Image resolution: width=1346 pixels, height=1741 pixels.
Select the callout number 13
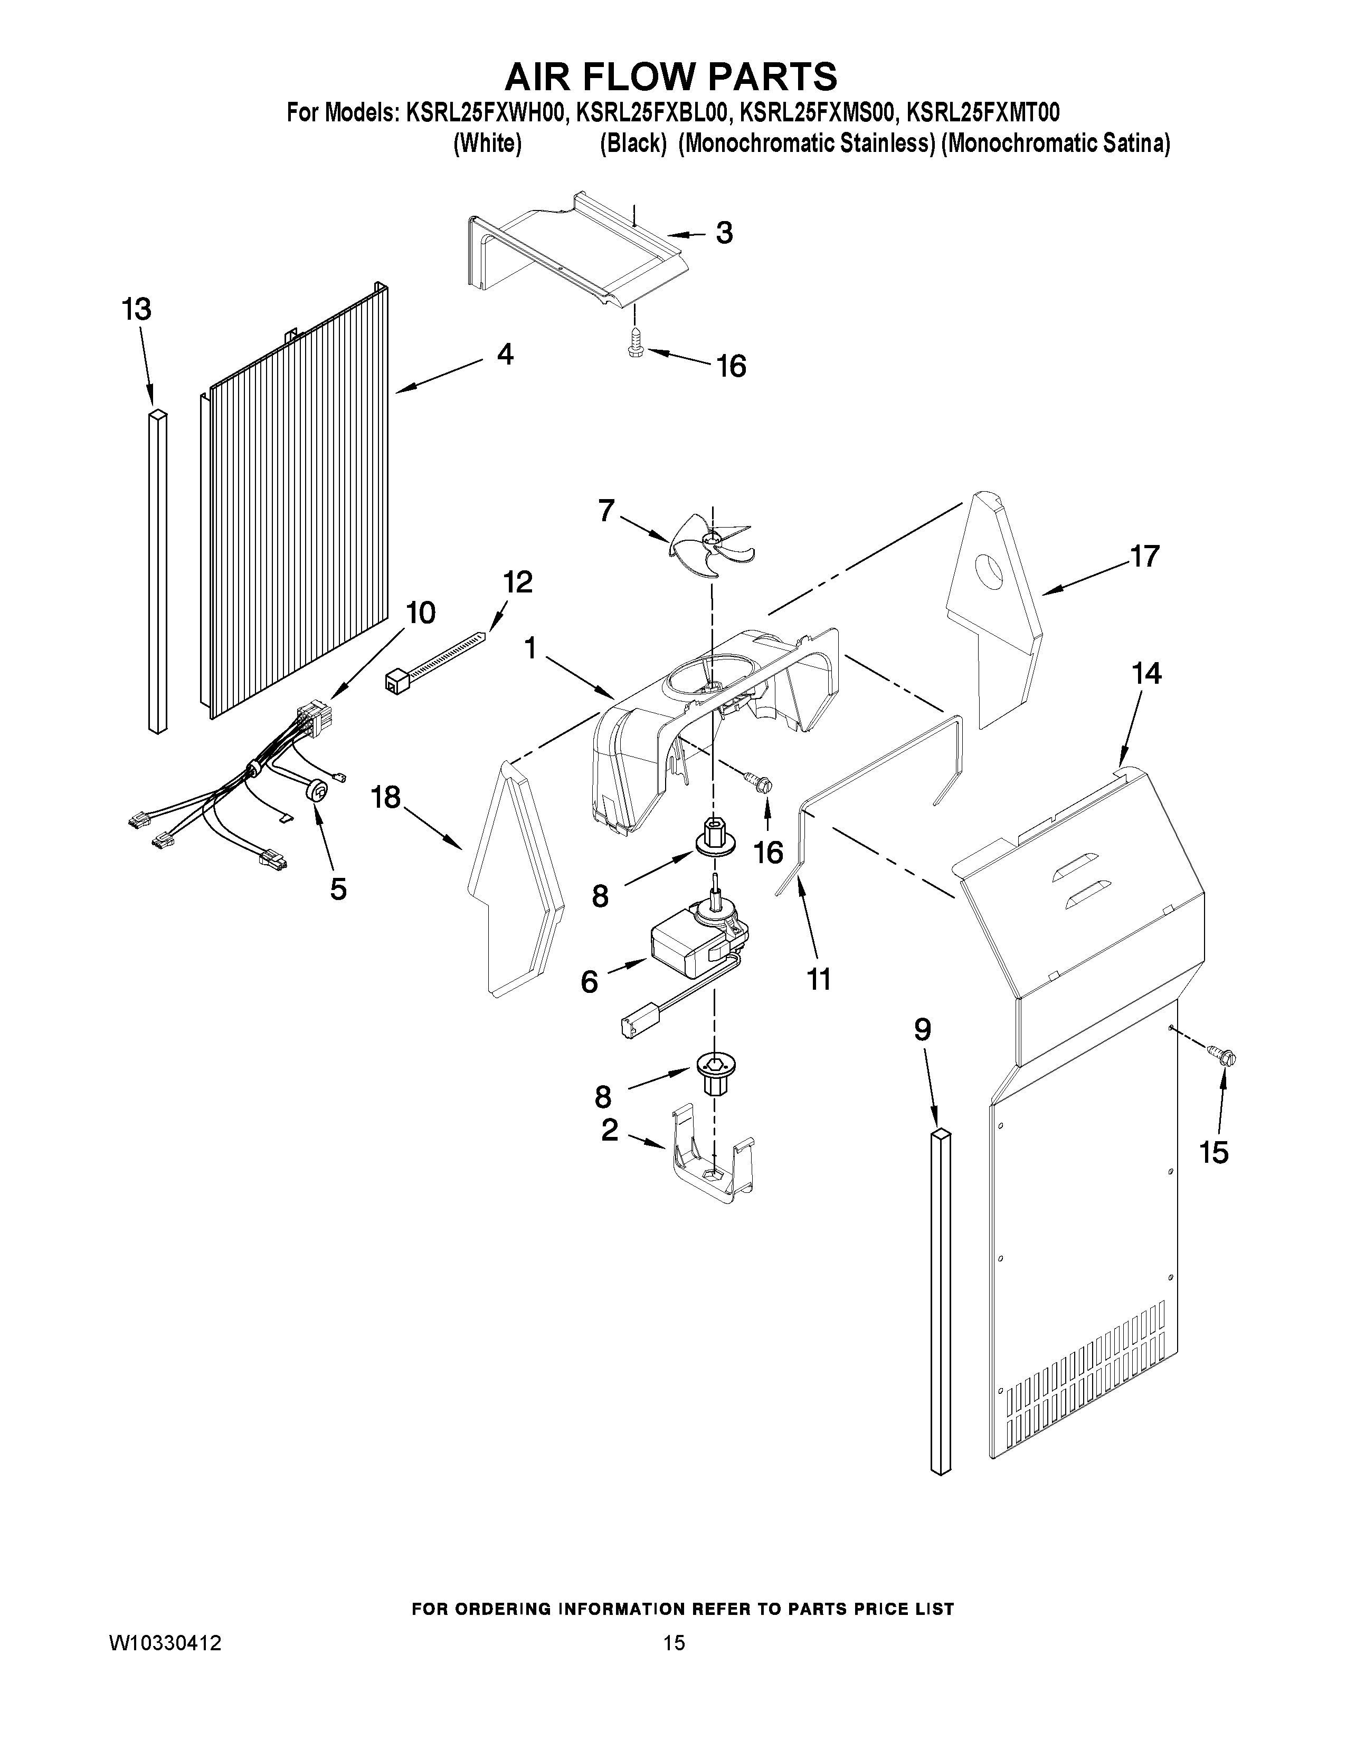tap(136, 309)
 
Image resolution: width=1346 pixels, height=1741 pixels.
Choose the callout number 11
tap(819, 978)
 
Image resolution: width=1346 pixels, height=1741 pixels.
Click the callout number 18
tap(386, 796)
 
